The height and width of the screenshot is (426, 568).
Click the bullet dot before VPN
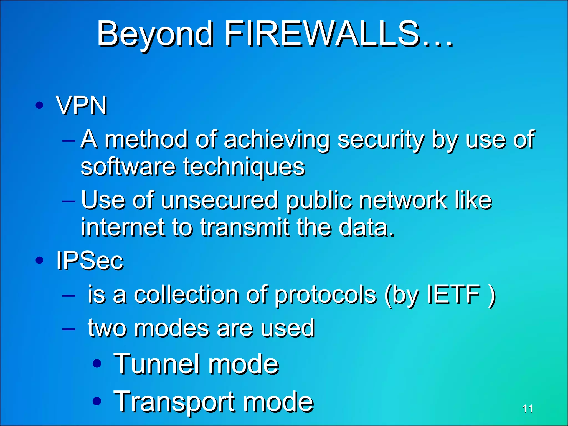[x=40, y=105]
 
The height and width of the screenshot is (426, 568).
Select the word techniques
[x=244, y=168]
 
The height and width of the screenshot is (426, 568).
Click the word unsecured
[x=219, y=200]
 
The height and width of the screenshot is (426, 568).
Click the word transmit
[x=245, y=227]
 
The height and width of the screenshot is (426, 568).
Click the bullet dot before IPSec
[x=40, y=260]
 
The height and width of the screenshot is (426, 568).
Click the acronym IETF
[x=453, y=294]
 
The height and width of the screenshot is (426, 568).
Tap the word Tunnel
[x=157, y=364]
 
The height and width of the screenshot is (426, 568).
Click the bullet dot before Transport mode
[x=97, y=400]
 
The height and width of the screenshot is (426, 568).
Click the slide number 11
[x=528, y=409]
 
